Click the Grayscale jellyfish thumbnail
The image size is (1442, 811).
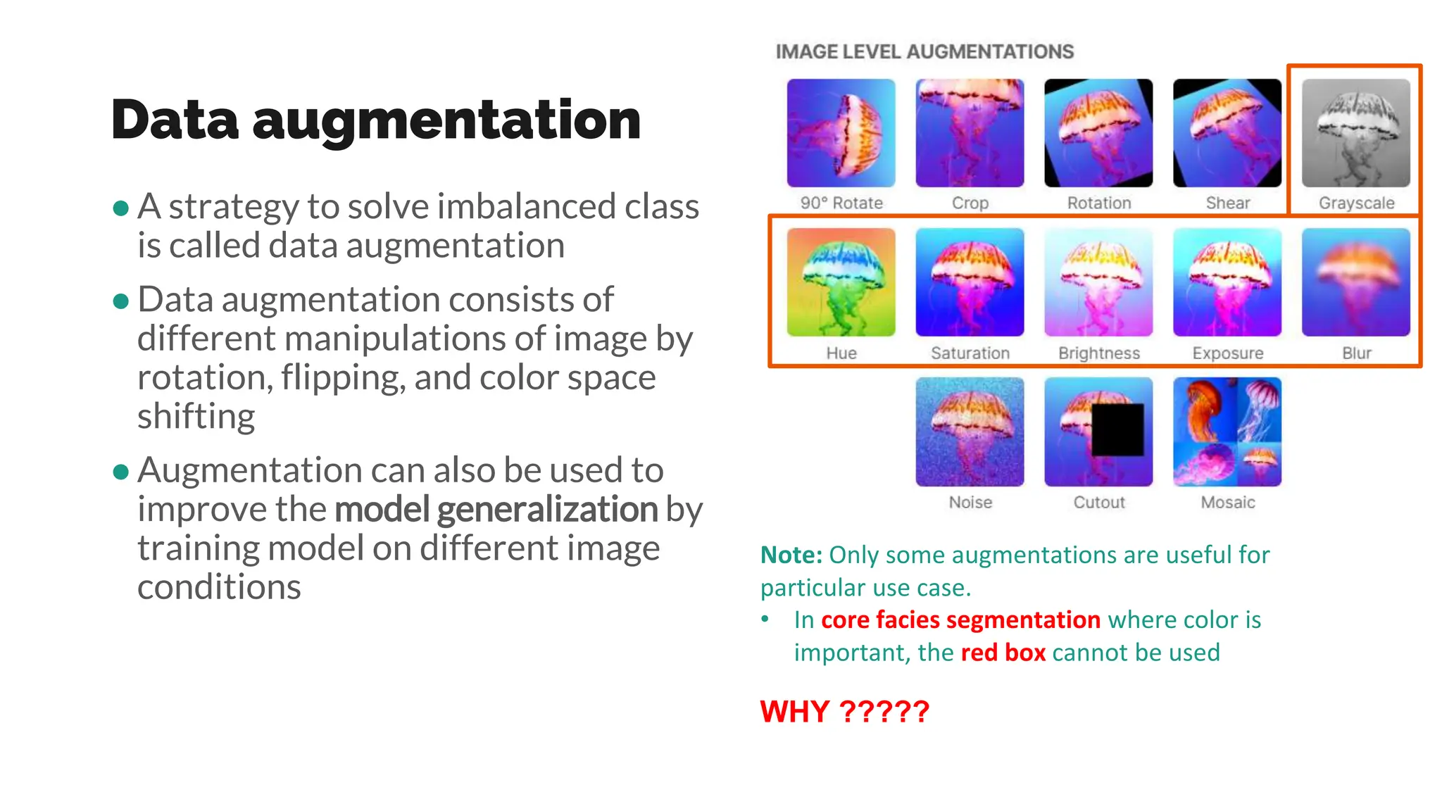1355,133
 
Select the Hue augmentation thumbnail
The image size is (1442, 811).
841,282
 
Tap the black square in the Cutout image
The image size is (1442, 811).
1117,429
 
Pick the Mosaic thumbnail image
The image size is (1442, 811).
1227,432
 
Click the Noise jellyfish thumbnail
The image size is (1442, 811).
970,432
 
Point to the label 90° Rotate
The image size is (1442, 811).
841,203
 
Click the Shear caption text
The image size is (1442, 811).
1228,203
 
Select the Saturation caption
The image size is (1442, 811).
970,353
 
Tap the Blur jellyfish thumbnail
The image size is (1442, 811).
1355,282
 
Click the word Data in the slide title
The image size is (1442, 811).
175,120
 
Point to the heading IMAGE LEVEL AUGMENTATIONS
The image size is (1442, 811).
924,52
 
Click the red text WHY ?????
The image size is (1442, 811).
844,712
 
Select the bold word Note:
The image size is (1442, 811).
791,555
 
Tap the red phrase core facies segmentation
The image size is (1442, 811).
960,620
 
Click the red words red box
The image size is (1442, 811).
1003,653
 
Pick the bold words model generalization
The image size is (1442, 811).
496,510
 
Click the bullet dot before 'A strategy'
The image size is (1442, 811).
121,208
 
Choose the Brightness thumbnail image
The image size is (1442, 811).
1098,282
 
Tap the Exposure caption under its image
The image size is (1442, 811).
1228,353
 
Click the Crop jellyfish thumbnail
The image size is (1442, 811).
970,133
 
